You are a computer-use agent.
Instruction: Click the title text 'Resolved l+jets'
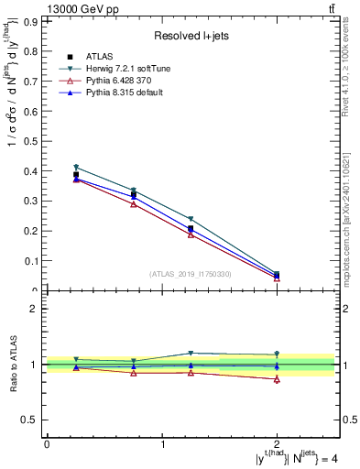coord(190,36)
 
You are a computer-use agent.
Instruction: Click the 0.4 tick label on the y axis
coord(34,170)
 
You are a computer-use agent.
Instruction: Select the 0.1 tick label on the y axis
coord(34,261)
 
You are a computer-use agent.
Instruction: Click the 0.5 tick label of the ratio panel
coord(34,420)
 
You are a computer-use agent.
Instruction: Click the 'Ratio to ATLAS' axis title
coord(13,364)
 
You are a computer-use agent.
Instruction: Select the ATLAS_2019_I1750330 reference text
coord(190,273)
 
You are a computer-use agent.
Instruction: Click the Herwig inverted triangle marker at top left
coord(76,168)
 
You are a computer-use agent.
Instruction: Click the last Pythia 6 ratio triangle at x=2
coord(278,379)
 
